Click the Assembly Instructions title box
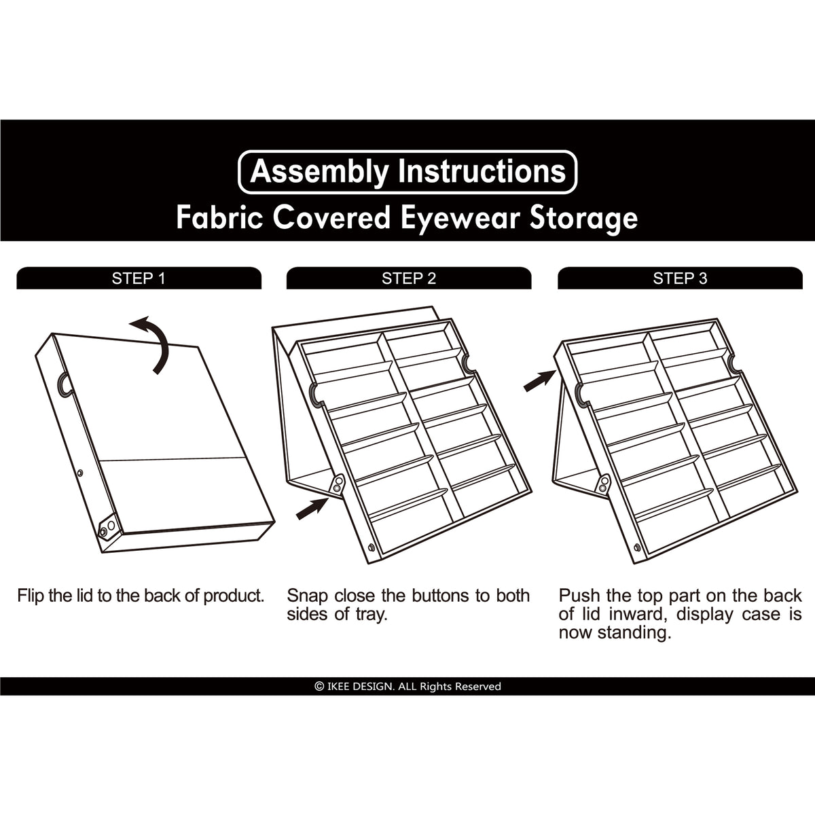(407, 172)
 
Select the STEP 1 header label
(139, 278)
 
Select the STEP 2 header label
(409, 278)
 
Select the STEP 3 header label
(680, 278)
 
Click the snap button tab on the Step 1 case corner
(106, 528)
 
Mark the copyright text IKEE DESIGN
(407, 687)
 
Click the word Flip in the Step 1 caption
(31, 596)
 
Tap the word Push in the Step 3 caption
(579, 596)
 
